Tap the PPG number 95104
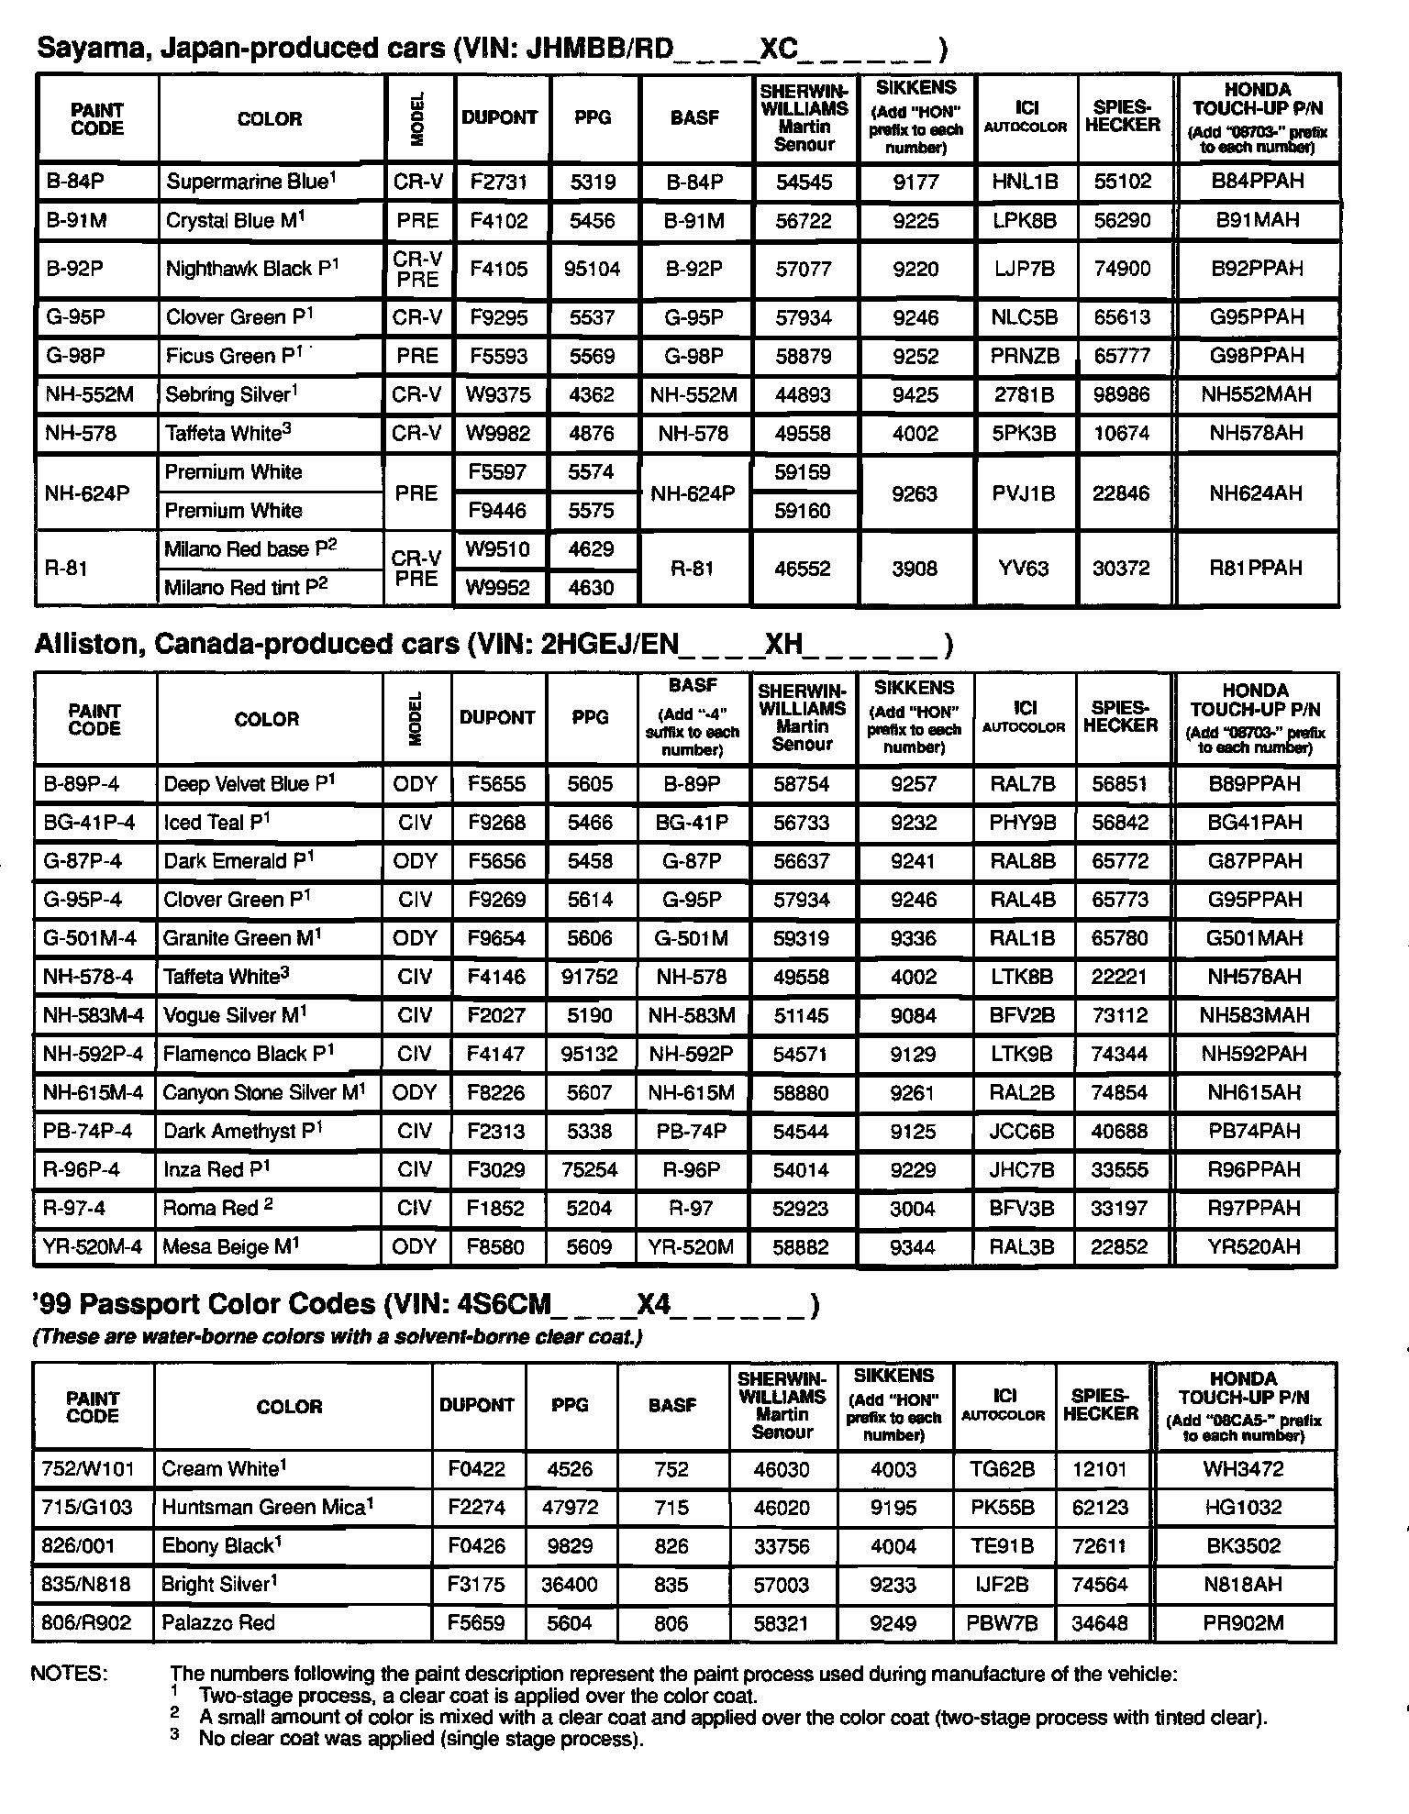coord(592,269)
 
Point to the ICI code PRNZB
coord(1025,356)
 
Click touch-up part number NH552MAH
coord(1256,395)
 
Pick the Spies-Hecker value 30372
coord(1121,569)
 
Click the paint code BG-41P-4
coord(89,823)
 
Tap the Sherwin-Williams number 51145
coord(801,1015)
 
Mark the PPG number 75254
coord(589,1170)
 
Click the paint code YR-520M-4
coord(93,1247)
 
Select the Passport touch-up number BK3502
coord(1243,1545)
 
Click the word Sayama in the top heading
coord(87,48)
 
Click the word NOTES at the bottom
coord(70,1673)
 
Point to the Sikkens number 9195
coord(893,1507)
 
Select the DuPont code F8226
coord(496,1093)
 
